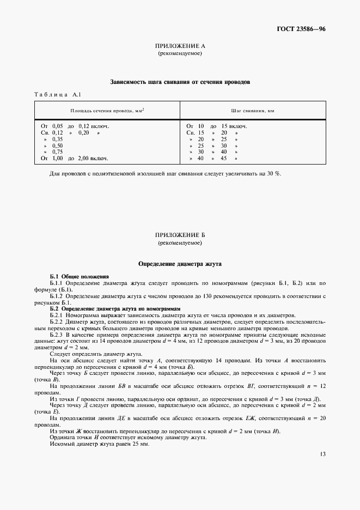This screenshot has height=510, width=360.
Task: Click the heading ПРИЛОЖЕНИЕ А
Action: pyautogui.click(x=180, y=47)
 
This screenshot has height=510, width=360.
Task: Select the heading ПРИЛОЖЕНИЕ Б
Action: pyautogui.click(x=180, y=235)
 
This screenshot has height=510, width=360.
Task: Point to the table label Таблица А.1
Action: pyautogui.click(x=58, y=95)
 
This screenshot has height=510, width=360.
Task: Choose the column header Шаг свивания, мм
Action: pyautogui.click(x=252, y=111)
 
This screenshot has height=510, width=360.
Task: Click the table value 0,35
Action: pyautogui.click(x=57, y=139)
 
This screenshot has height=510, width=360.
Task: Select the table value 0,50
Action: pyautogui.click(x=57, y=145)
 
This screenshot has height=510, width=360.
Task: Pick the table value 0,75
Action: pyautogui.click(x=57, y=152)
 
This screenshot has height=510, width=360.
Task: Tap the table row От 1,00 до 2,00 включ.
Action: pyautogui.click(x=75, y=159)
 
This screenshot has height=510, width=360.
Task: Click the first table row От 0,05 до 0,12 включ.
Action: pyautogui.click(x=75, y=126)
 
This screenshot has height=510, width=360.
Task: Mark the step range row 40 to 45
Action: pyautogui.click(x=213, y=159)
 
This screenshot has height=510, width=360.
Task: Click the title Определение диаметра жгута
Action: pyautogui.click(x=180, y=263)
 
